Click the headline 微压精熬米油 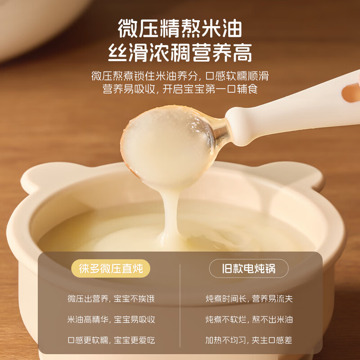click(x=180, y=28)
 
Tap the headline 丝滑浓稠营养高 click(x=180, y=53)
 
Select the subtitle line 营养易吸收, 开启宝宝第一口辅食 click(x=180, y=89)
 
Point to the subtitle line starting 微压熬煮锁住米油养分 click(x=180, y=76)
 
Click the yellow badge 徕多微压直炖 click(x=111, y=268)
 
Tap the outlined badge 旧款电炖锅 click(x=249, y=268)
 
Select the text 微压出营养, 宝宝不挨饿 click(x=111, y=299)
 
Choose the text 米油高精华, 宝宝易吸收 click(x=111, y=319)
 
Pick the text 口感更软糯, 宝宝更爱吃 click(x=111, y=340)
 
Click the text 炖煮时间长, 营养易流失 click(x=249, y=299)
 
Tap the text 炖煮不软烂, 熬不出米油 click(x=249, y=319)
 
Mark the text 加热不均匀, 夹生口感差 click(x=249, y=340)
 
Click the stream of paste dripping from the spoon click(x=171, y=216)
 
